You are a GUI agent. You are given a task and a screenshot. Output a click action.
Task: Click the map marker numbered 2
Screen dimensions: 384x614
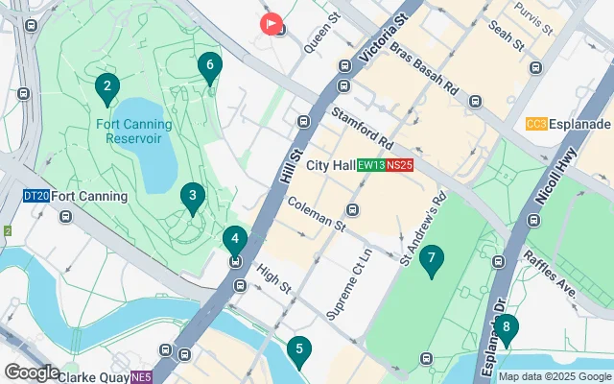click(107, 87)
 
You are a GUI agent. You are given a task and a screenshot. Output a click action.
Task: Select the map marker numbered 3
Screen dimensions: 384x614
click(193, 197)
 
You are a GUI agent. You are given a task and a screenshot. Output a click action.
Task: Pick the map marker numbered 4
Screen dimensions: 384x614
click(235, 239)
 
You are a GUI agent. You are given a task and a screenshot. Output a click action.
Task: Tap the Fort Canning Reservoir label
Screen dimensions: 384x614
click(134, 131)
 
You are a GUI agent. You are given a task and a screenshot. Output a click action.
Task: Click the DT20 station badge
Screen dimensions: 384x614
click(35, 196)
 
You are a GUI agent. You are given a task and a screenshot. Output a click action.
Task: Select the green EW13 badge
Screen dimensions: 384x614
click(370, 165)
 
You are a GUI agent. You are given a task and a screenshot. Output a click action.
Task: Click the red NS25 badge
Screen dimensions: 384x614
click(400, 165)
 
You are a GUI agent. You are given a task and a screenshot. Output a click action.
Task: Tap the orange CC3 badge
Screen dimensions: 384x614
click(536, 125)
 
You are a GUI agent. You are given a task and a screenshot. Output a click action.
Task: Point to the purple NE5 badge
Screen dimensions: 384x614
click(142, 376)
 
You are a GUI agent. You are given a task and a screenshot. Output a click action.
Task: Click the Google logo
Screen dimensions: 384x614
click(32, 372)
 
